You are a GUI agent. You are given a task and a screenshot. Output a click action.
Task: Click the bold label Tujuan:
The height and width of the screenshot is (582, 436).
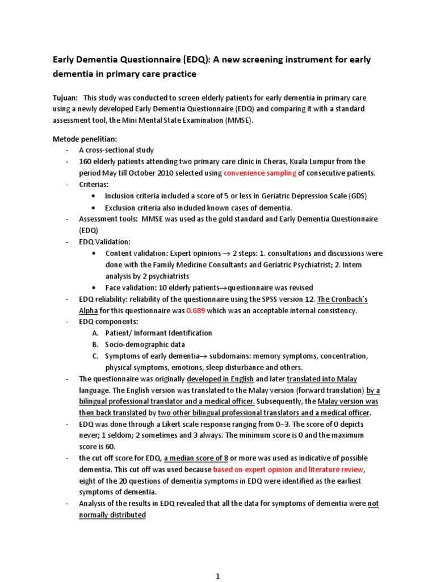pyautogui.click(x=65, y=97)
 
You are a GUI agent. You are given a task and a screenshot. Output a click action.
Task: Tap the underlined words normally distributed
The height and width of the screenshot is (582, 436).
pyautogui.click(x=112, y=515)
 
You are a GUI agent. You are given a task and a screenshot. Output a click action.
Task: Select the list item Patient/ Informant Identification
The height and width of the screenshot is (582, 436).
pyautogui.click(x=158, y=333)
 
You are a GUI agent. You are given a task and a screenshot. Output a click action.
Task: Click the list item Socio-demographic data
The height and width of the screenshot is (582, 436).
pyautogui.click(x=145, y=344)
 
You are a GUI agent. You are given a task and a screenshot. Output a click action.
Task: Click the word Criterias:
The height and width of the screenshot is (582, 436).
pyautogui.click(x=93, y=184)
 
